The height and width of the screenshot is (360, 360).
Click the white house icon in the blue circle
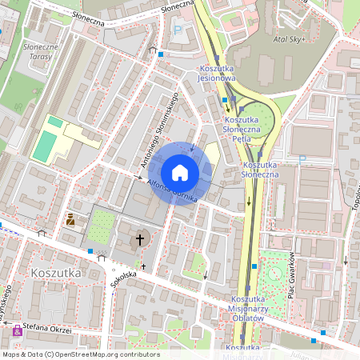tap(180, 173)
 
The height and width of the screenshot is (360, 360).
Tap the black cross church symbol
tap(140, 238)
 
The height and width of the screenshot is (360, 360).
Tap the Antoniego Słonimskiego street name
tap(158, 133)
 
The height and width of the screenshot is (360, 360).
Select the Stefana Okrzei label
tap(47, 329)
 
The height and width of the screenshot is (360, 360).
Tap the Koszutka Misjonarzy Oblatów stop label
tap(247, 308)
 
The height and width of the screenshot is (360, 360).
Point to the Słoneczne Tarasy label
tap(35, 52)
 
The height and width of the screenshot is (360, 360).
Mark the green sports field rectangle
tap(46, 145)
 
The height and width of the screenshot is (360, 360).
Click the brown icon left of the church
tap(70, 219)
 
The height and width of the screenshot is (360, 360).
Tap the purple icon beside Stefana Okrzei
tap(17, 330)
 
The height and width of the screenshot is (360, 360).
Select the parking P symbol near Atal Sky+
tap(178, 30)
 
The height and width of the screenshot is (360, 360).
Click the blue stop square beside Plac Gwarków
tap(254, 266)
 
